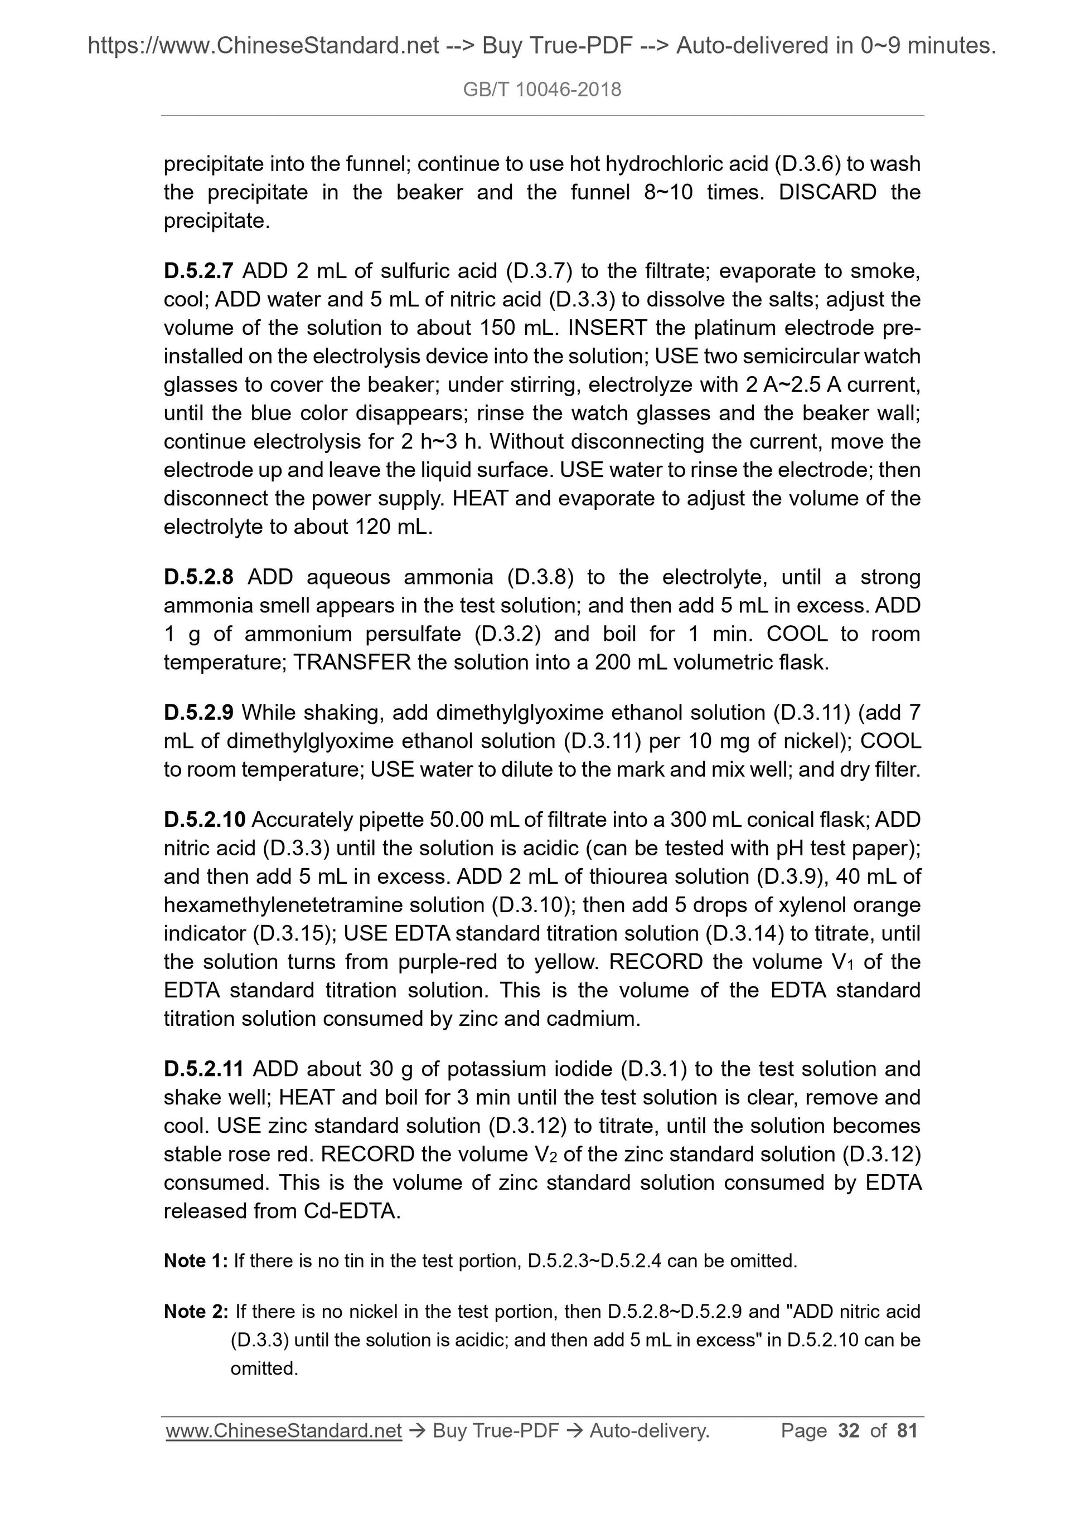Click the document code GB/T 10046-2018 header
[542, 89]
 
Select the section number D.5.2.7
[198, 271]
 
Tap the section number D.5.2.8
[198, 577]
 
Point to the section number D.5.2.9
[198, 713]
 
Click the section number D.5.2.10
[205, 820]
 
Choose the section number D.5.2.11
[204, 1069]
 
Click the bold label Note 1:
[196, 1261]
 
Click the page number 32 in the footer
[849, 1430]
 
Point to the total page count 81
[907, 1430]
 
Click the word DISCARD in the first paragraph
[827, 192]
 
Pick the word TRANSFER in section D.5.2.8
[352, 662]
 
